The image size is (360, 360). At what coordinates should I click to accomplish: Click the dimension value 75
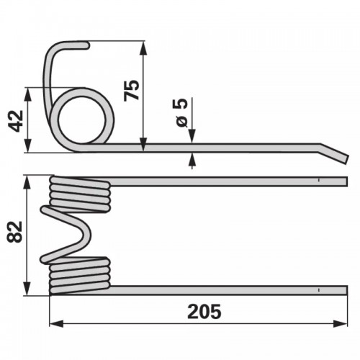[x=131, y=90]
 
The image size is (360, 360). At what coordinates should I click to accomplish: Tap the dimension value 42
[x=16, y=121]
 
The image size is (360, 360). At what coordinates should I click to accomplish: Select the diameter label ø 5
[x=181, y=112]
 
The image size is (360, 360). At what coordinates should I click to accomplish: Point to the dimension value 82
[x=14, y=232]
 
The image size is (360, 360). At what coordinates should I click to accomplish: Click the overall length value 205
[x=204, y=312]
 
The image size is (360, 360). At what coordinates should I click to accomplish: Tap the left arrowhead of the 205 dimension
[x=56, y=323]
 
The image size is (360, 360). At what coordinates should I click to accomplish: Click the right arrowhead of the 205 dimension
[x=341, y=323]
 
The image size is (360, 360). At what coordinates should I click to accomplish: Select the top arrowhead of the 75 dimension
[x=143, y=48]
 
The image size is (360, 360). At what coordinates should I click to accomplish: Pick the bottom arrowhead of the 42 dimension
[x=28, y=145]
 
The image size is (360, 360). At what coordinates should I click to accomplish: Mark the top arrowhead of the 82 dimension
[x=27, y=183]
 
